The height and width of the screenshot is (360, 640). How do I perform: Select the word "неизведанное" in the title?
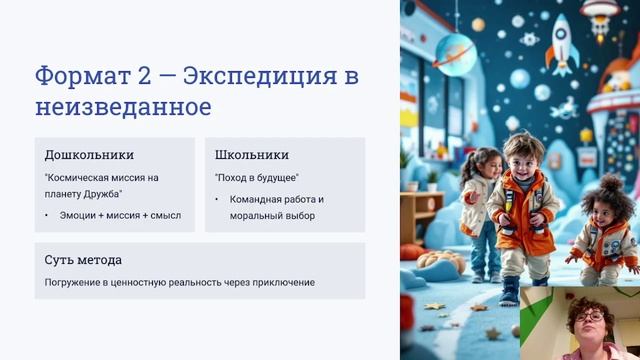click(123, 106)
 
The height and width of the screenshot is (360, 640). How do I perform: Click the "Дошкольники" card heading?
click(89, 155)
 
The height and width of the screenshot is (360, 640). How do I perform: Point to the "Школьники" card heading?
click(251, 155)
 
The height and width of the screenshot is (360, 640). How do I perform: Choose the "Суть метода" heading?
click(83, 260)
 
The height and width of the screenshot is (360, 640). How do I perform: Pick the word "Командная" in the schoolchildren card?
click(253, 199)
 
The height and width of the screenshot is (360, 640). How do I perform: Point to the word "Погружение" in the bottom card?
click(73, 282)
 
